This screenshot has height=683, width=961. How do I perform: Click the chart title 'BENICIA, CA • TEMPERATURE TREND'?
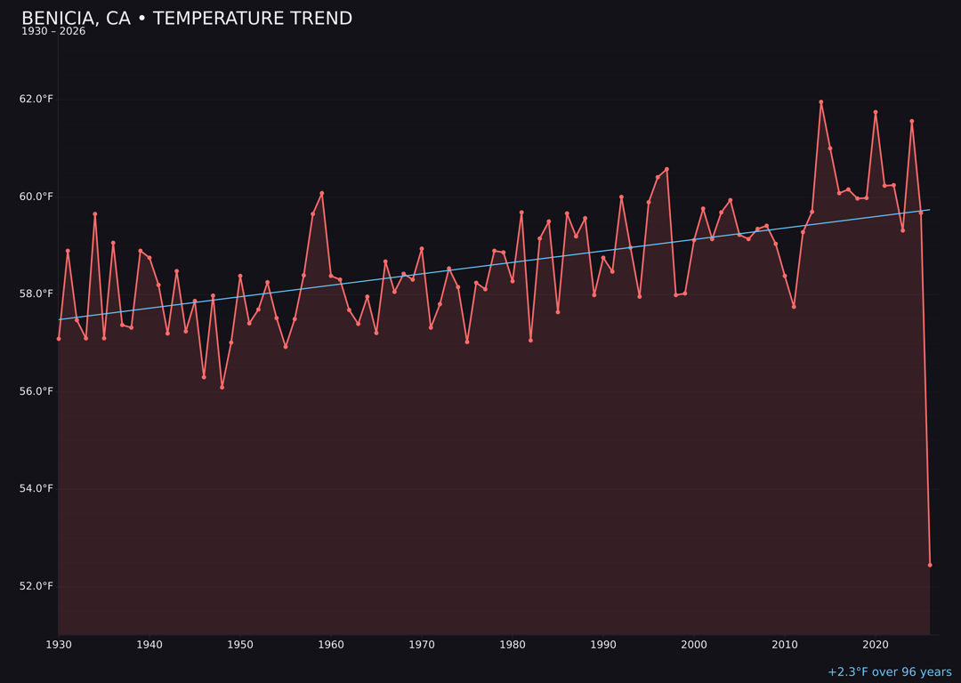[x=187, y=19]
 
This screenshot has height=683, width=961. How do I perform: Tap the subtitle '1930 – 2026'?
[x=53, y=32]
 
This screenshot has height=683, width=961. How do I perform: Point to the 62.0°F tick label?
[x=36, y=99]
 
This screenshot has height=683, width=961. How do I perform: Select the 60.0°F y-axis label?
[x=36, y=197]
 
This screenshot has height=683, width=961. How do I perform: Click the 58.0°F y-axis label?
[x=36, y=293]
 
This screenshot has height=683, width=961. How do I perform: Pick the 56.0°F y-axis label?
[x=36, y=391]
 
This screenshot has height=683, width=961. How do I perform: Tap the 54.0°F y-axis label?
[x=36, y=488]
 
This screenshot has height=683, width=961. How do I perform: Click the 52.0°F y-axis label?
[x=36, y=586]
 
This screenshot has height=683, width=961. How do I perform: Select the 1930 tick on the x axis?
[x=59, y=645]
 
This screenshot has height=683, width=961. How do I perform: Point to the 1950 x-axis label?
[x=240, y=645]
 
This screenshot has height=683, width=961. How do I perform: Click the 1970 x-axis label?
[x=422, y=645]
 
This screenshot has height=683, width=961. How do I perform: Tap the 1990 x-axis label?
[x=603, y=645]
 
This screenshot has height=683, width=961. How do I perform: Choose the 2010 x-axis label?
[x=785, y=645]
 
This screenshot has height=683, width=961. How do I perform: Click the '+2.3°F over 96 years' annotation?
[x=889, y=672]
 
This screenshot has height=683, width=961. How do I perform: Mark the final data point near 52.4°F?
[x=930, y=565]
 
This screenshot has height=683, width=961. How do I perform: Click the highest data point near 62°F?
[x=821, y=102]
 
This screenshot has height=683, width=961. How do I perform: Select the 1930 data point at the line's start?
[x=59, y=339]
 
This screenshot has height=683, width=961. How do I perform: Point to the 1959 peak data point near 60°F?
[x=322, y=193]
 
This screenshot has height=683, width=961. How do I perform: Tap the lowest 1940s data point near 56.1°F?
[x=222, y=387]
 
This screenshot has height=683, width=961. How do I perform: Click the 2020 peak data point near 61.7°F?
[x=876, y=112]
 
